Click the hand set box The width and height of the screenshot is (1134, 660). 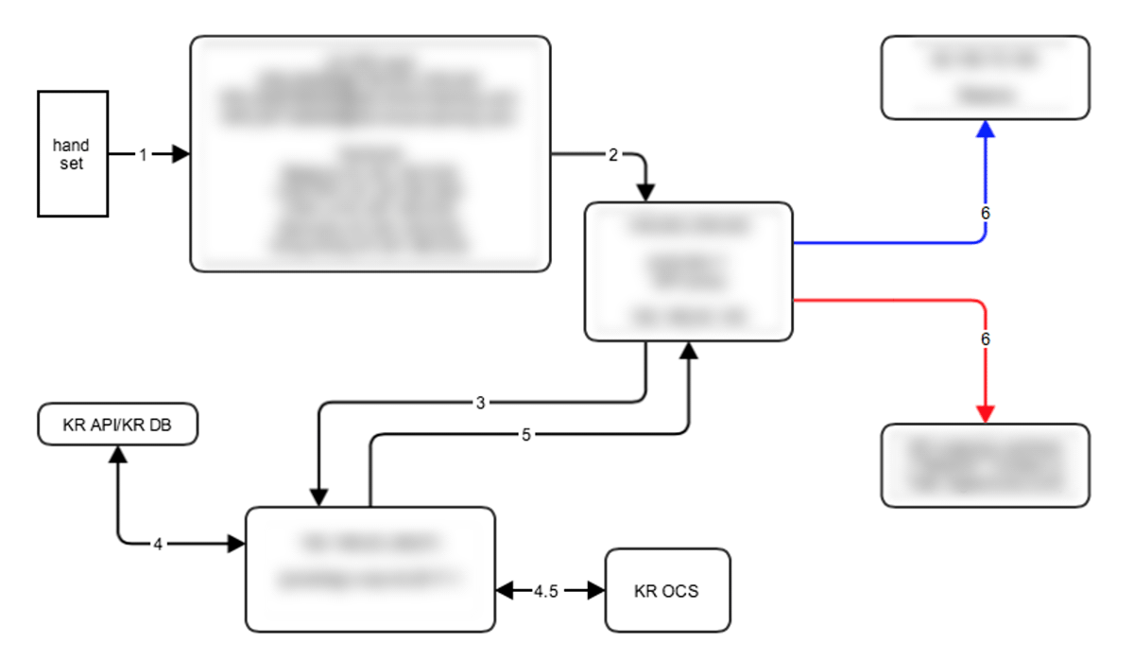(x=73, y=153)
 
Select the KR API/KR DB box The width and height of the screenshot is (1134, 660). (x=118, y=425)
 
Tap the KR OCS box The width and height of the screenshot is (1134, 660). (x=667, y=591)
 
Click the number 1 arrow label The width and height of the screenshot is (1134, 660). (x=143, y=154)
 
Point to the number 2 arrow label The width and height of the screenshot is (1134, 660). (x=612, y=155)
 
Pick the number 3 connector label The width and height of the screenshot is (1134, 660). (x=480, y=403)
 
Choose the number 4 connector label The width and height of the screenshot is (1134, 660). (x=158, y=544)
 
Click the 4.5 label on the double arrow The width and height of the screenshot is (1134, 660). (x=545, y=591)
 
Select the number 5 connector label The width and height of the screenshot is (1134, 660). (x=525, y=434)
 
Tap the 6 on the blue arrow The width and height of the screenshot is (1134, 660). (x=986, y=214)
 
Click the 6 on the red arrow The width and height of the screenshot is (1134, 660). (x=986, y=338)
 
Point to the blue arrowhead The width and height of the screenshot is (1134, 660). (x=986, y=130)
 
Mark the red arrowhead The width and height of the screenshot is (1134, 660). (x=986, y=413)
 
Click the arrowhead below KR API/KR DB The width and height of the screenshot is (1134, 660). (x=118, y=455)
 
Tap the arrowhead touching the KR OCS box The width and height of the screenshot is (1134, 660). (x=594, y=591)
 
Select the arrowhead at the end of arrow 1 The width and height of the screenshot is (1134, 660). (x=180, y=154)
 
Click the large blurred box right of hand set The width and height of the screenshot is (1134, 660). (x=369, y=154)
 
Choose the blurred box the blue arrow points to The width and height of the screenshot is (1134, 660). (x=985, y=78)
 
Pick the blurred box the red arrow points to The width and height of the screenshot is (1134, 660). (x=985, y=464)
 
